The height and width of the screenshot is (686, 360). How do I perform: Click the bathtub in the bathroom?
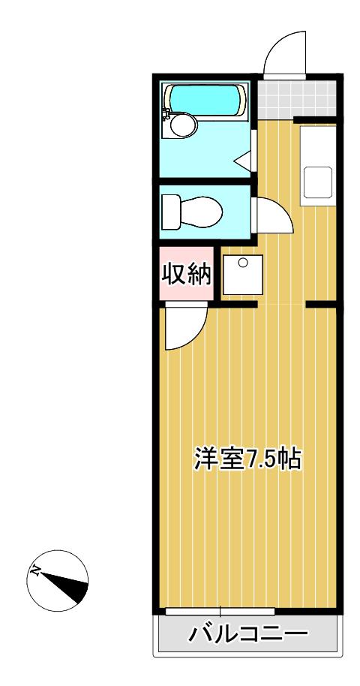205,100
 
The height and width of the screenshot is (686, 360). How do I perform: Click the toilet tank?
170,212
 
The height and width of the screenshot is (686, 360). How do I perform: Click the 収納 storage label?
187,275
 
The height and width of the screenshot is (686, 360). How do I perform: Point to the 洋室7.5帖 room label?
248,458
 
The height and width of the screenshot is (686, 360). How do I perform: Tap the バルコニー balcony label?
248,633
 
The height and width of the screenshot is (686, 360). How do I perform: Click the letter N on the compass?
35,569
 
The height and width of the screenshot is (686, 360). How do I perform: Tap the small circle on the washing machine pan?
243,263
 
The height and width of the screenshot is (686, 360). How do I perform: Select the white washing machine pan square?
243,275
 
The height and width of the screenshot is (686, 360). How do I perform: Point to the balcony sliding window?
220,611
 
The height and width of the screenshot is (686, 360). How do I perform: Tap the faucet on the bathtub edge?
166,113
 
